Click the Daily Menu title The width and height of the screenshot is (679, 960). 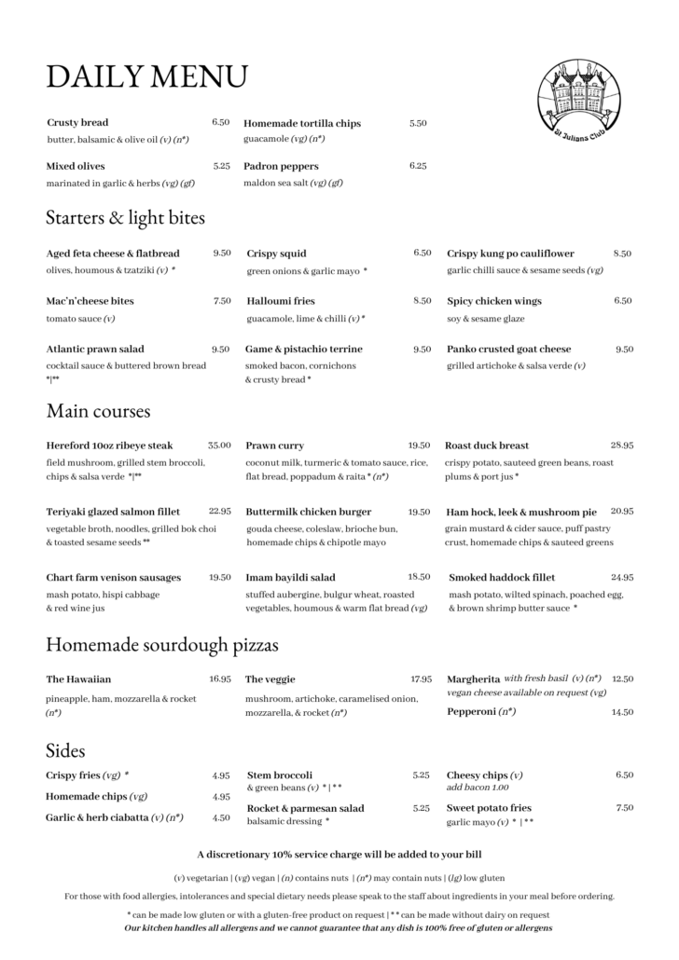[146, 75]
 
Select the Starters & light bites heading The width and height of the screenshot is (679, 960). [125, 218]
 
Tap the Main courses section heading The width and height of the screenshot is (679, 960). [98, 410]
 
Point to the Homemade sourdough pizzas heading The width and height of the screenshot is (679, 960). [161, 644]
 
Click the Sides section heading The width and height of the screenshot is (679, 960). [65, 750]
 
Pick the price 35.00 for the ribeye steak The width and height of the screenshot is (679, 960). [219, 446]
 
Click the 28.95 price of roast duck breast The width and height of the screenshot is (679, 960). [622, 446]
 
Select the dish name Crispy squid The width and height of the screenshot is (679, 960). [276, 254]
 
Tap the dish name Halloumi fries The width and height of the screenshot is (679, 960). [281, 301]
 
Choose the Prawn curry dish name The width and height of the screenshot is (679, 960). [274, 446]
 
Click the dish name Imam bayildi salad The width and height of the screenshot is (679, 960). [290, 577]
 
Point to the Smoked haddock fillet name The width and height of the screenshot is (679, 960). [502, 577]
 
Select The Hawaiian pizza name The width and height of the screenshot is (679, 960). [78, 679]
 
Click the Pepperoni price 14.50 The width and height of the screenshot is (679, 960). [622, 712]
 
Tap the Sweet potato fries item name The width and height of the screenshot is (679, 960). [489, 807]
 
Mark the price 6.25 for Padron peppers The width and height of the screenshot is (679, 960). [417, 165]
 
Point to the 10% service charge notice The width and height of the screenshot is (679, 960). [339, 854]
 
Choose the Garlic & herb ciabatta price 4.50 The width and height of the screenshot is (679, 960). [221, 817]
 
